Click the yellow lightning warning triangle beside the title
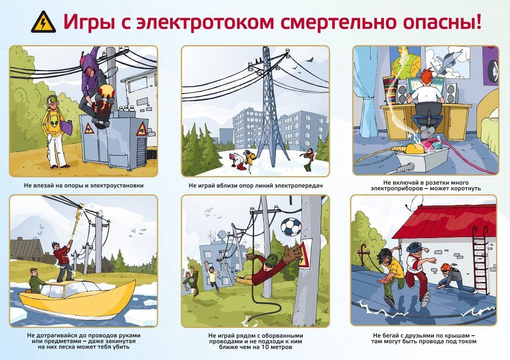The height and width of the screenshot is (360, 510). [x=43, y=22]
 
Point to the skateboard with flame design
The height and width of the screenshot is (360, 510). [x=102, y=105]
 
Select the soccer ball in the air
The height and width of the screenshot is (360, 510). [x=290, y=227]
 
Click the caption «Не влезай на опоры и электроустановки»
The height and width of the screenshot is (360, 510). [x=83, y=186]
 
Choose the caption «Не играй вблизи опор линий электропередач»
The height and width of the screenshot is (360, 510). [x=255, y=186]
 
